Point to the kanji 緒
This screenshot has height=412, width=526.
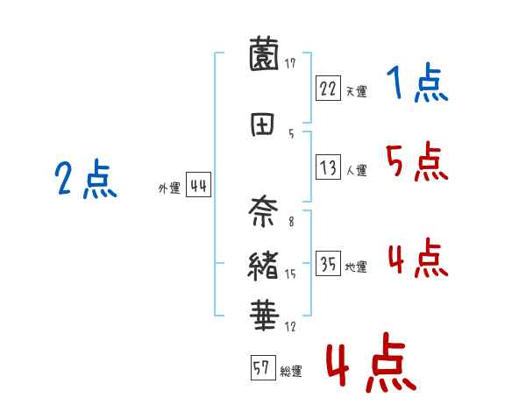pos(265,264)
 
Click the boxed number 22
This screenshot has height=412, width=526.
pos(328,88)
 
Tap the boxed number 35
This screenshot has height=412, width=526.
pos(328,265)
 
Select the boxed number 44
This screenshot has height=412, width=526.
pos(198,187)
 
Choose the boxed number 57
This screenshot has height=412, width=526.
pos(262,368)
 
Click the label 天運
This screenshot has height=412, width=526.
pos(356,90)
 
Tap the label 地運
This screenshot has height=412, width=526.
pos(356,267)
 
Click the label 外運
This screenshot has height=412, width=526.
pos(169,188)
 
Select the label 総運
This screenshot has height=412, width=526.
pos(291,371)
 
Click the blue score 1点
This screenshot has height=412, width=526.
pos(416,84)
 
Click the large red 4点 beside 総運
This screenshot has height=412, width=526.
pos(370,366)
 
